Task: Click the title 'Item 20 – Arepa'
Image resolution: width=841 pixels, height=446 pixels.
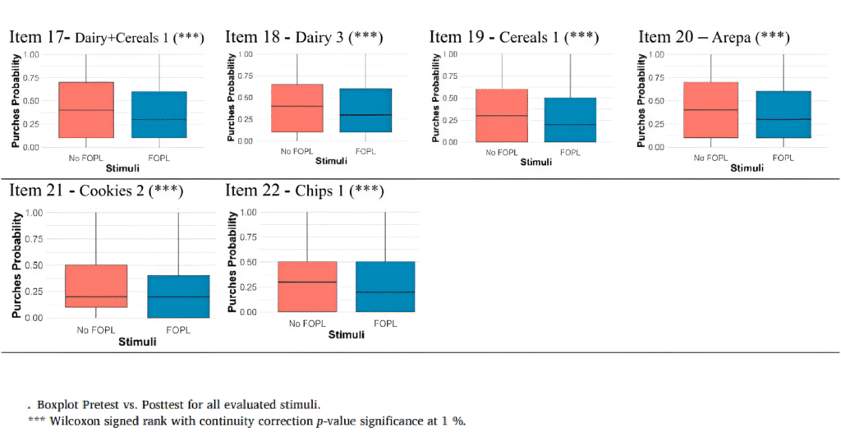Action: pyautogui.click(x=714, y=38)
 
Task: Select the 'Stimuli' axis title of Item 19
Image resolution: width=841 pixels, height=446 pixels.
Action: pyautogui.click(x=540, y=163)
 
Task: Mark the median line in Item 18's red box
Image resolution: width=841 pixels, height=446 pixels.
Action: pyautogui.click(x=296, y=106)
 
